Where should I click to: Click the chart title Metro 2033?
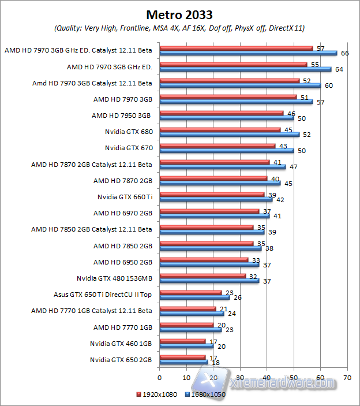click(179, 14)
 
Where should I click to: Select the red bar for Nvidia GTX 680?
click(219, 129)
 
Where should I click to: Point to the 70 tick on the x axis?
click(347, 377)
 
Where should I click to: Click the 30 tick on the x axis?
click(239, 377)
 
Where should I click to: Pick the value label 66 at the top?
click(346, 53)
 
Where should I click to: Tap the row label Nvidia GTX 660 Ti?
click(125, 197)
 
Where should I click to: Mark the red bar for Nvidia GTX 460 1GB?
click(182, 341)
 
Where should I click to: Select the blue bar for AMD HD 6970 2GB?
click(214, 215)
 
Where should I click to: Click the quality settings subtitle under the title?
click(179, 28)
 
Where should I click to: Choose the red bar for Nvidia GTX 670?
click(217, 146)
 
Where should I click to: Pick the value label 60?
click(329, 85)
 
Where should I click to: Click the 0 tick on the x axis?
click(159, 377)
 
